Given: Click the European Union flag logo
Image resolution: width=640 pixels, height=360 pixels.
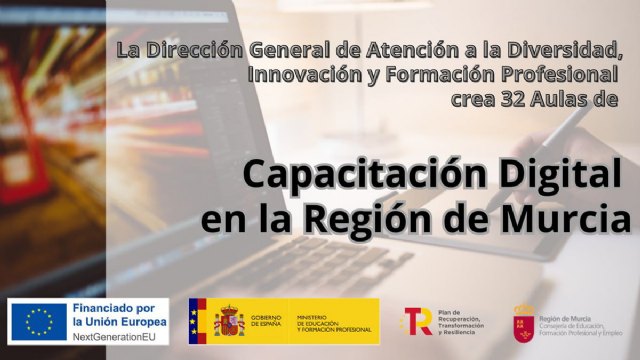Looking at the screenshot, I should [39, 321].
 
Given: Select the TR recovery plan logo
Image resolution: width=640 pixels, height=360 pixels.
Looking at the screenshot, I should [416, 322].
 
